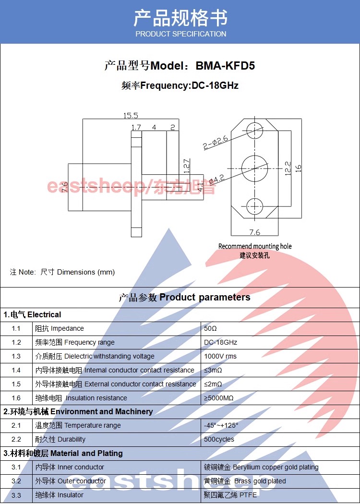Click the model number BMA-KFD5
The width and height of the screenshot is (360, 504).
[x=225, y=65]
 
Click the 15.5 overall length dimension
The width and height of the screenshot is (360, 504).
[x=130, y=115]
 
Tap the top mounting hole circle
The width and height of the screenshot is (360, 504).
[x=254, y=130]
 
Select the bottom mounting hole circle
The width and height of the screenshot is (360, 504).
[x=254, y=206]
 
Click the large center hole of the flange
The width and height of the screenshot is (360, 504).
[x=254, y=168]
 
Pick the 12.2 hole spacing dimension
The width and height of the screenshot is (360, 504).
[x=288, y=168]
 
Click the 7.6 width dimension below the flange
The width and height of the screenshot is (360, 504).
[x=254, y=232]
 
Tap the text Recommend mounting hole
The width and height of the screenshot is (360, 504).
[x=255, y=246]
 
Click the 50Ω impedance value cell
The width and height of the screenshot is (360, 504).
[x=210, y=328]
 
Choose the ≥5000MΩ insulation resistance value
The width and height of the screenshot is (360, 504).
[x=219, y=398]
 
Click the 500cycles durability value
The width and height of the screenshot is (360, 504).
[x=219, y=439]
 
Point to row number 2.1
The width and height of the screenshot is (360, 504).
[x=16, y=425]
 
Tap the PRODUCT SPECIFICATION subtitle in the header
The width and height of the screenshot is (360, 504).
[x=180, y=34]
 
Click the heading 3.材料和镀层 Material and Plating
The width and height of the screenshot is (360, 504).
[x=63, y=453]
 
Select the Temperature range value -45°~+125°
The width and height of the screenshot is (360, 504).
[x=221, y=425]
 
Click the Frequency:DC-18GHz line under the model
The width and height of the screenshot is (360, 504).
[x=180, y=86]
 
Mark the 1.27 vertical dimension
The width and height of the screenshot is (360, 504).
[x=186, y=166]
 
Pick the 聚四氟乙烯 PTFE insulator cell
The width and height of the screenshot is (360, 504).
[x=230, y=495]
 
